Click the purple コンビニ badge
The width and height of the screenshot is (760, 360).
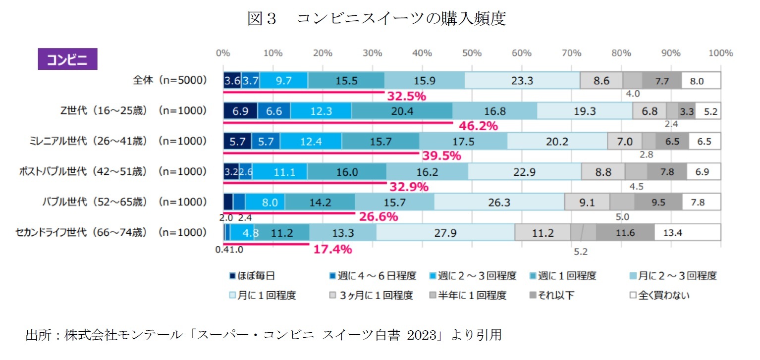(67, 59)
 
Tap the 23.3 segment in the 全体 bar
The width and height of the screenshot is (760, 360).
(522, 81)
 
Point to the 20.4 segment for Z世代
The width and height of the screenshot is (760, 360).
(402, 111)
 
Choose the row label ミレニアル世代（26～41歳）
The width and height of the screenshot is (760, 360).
(88, 141)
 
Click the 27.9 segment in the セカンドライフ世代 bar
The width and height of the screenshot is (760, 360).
(445, 233)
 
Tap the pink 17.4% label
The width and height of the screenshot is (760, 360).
(332, 249)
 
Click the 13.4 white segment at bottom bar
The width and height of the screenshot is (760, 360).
(687, 233)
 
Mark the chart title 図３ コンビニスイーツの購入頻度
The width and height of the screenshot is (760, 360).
(377, 19)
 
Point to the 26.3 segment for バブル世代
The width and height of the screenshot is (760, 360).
(499, 202)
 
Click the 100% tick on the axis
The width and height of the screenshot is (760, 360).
(720, 53)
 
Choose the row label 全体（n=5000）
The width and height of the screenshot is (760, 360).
(169, 81)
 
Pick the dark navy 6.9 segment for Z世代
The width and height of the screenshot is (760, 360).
(240, 111)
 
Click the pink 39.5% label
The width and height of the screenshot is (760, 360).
(441, 156)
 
